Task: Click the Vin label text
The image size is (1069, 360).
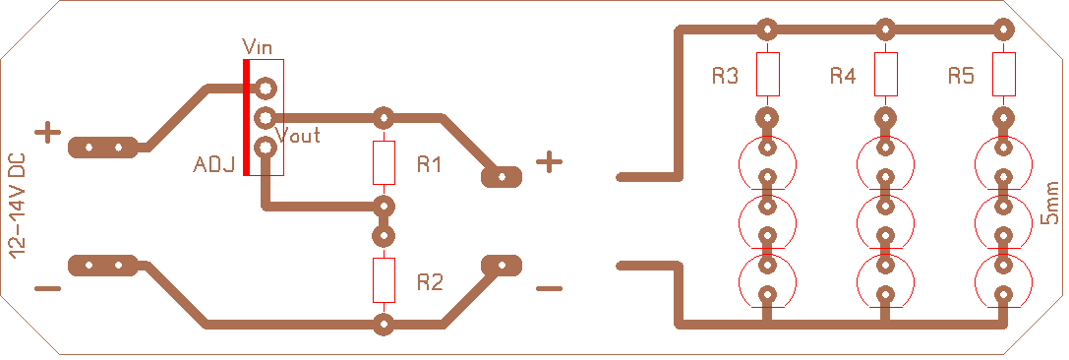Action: pyautogui.click(x=257, y=47)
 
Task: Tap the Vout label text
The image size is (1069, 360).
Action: pyautogui.click(x=297, y=135)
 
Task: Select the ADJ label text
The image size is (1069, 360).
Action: pyautogui.click(x=214, y=164)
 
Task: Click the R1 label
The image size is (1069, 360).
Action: pyautogui.click(x=430, y=164)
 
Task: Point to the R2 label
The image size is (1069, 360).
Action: pyautogui.click(x=430, y=281)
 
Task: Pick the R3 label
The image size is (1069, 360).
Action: pyautogui.click(x=726, y=76)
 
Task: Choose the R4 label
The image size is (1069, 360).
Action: pyautogui.click(x=843, y=76)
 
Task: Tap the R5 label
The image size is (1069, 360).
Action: pyautogui.click(x=961, y=76)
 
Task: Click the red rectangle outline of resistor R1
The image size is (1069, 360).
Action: pyautogui.click(x=384, y=163)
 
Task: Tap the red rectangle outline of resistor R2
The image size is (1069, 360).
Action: pyautogui.click(x=384, y=280)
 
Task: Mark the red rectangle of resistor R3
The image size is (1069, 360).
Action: pyautogui.click(x=768, y=75)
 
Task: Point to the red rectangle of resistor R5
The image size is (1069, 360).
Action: pyautogui.click(x=1003, y=75)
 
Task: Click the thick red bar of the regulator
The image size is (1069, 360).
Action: pyautogui.click(x=246, y=117)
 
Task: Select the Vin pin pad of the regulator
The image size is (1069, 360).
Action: pyautogui.click(x=266, y=88)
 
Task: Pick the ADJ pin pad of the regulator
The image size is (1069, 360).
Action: pyautogui.click(x=266, y=147)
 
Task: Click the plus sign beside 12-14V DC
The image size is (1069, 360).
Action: pyautogui.click(x=48, y=132)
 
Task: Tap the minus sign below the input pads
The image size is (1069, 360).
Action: pyautogui.click(x=48, y=288)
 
